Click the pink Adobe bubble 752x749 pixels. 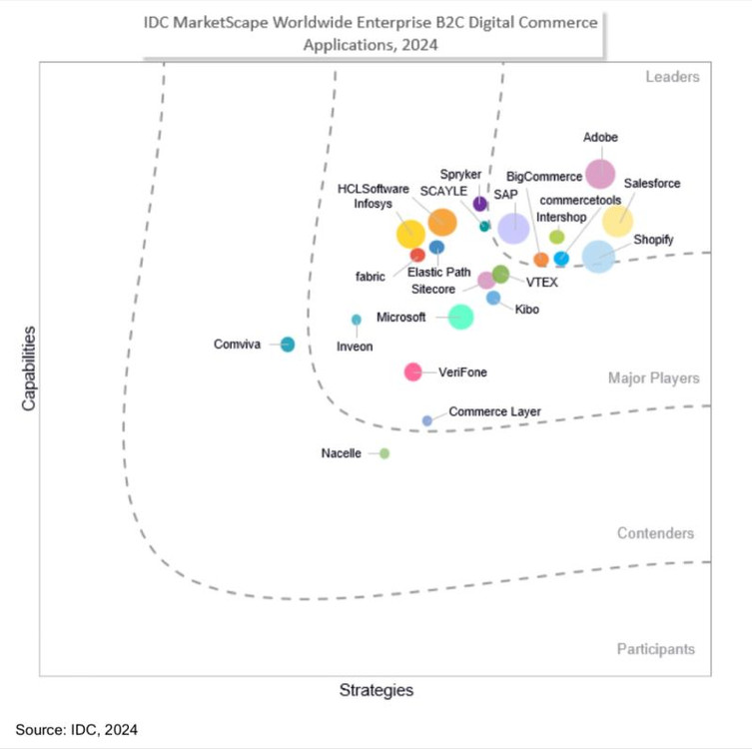point(600,174)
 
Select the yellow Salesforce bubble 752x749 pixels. point(617,221)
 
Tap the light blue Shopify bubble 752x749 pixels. point(598,256)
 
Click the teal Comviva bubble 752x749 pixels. point(288,345)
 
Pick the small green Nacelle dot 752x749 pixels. point(384,453)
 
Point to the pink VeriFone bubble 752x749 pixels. point(412,373)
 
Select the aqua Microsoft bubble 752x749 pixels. point(460,317)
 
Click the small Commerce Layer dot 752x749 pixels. point(427,420)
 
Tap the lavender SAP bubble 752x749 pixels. point(513,228)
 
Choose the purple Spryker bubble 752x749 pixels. point(480,204)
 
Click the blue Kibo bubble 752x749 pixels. point(493,298)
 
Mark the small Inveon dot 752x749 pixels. point(357,320)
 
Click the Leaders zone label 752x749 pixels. point(672,77)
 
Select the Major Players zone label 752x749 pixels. point(653,378)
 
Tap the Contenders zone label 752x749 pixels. point(655,533)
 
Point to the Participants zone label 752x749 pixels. point(655,649)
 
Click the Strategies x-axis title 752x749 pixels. point(376,690)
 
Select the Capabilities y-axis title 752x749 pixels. point(29,367)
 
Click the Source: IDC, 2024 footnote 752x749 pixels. point(76,730)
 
